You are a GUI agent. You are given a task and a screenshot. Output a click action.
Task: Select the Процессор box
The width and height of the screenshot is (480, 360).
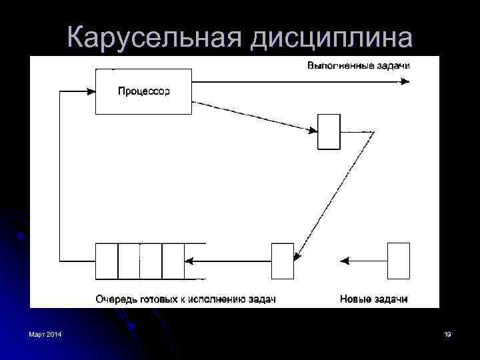click(x=144, y=91)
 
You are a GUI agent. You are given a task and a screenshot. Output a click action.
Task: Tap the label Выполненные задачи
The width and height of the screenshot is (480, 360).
click(x=358, y=65)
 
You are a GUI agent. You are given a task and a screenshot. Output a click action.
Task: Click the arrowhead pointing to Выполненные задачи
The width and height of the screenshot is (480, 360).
click(x=405, y=82)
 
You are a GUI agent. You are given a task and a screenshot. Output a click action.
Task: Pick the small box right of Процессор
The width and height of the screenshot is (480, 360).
click(x=328, y=131)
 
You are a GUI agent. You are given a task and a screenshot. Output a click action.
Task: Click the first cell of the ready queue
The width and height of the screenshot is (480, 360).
click(x=107, y=261)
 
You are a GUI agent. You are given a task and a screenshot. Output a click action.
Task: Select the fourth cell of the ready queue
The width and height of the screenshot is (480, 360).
click(x=173, y=261)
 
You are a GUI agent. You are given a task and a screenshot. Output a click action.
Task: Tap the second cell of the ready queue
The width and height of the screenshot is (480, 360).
click(x=129, y=261)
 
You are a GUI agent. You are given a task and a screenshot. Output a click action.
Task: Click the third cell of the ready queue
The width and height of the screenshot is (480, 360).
click(x=151, y=261)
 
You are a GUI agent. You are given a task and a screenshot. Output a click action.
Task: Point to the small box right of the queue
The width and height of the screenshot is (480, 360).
click(x=282, y=261)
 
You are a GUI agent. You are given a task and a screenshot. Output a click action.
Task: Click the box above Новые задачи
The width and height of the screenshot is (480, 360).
click(x=399, y=261)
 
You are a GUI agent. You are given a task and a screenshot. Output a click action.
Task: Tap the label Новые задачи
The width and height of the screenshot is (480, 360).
click(x=373, y=299)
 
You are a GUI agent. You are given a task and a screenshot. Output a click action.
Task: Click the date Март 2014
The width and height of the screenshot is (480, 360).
click(x=45, y=334)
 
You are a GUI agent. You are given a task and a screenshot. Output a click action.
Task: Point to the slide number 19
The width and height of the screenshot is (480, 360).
click(x=447, y=334)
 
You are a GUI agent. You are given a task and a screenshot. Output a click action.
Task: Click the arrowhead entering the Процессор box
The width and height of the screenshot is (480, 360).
click(x=93, y=92)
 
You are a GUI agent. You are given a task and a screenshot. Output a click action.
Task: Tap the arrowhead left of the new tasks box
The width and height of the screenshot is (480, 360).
click(x=345, y=261)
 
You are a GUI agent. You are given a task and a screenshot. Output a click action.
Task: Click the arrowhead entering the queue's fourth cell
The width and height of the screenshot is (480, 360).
click(x=188, y=261)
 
